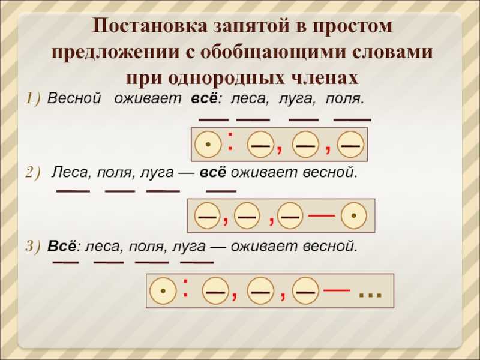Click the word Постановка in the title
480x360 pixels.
click(149, 26)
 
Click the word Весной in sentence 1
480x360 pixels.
click(74, 98)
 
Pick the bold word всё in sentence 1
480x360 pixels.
click(204, 98)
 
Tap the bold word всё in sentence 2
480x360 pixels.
click(213, 172)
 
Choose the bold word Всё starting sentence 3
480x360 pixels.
click(62, 247)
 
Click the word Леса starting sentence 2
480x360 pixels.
click(70, 173)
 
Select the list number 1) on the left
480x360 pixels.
click(33, 98)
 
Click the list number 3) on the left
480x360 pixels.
click(33, 247)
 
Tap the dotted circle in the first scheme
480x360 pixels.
click(208, 145)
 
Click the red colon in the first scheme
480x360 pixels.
click(230, 141)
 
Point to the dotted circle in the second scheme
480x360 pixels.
click(353, 216)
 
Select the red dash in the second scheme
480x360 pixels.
click(322, 216)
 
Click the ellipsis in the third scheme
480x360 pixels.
click(370, 295)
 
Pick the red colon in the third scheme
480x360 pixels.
click(185, 288)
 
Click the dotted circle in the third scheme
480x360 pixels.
click(163, 290)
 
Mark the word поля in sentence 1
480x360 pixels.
click(344, 99)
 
